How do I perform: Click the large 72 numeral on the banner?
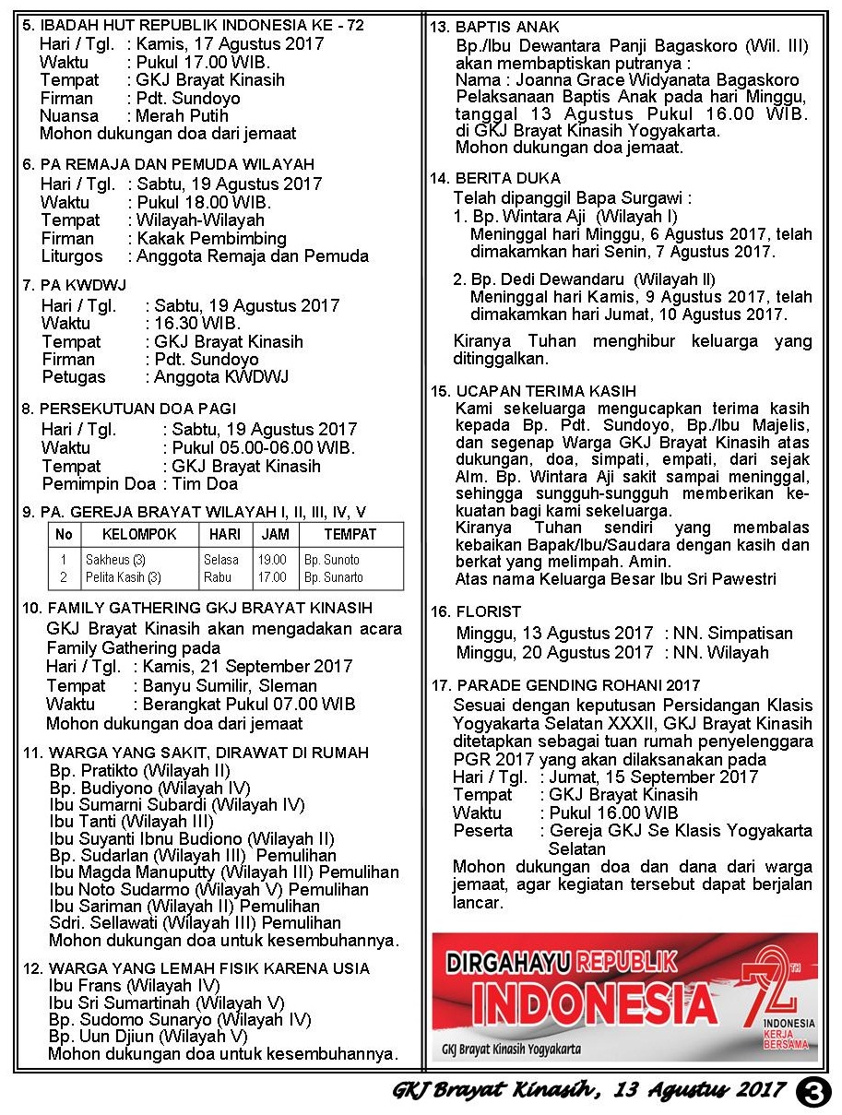pos(776,986)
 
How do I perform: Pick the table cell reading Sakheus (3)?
pos(115,560)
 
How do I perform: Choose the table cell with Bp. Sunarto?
pos(334,577)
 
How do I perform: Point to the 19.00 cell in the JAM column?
pos(272,560)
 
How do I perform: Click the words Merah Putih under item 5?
pos(182,116)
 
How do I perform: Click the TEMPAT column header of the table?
pos(350,534)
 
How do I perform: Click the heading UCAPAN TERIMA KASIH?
pos(545,391)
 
